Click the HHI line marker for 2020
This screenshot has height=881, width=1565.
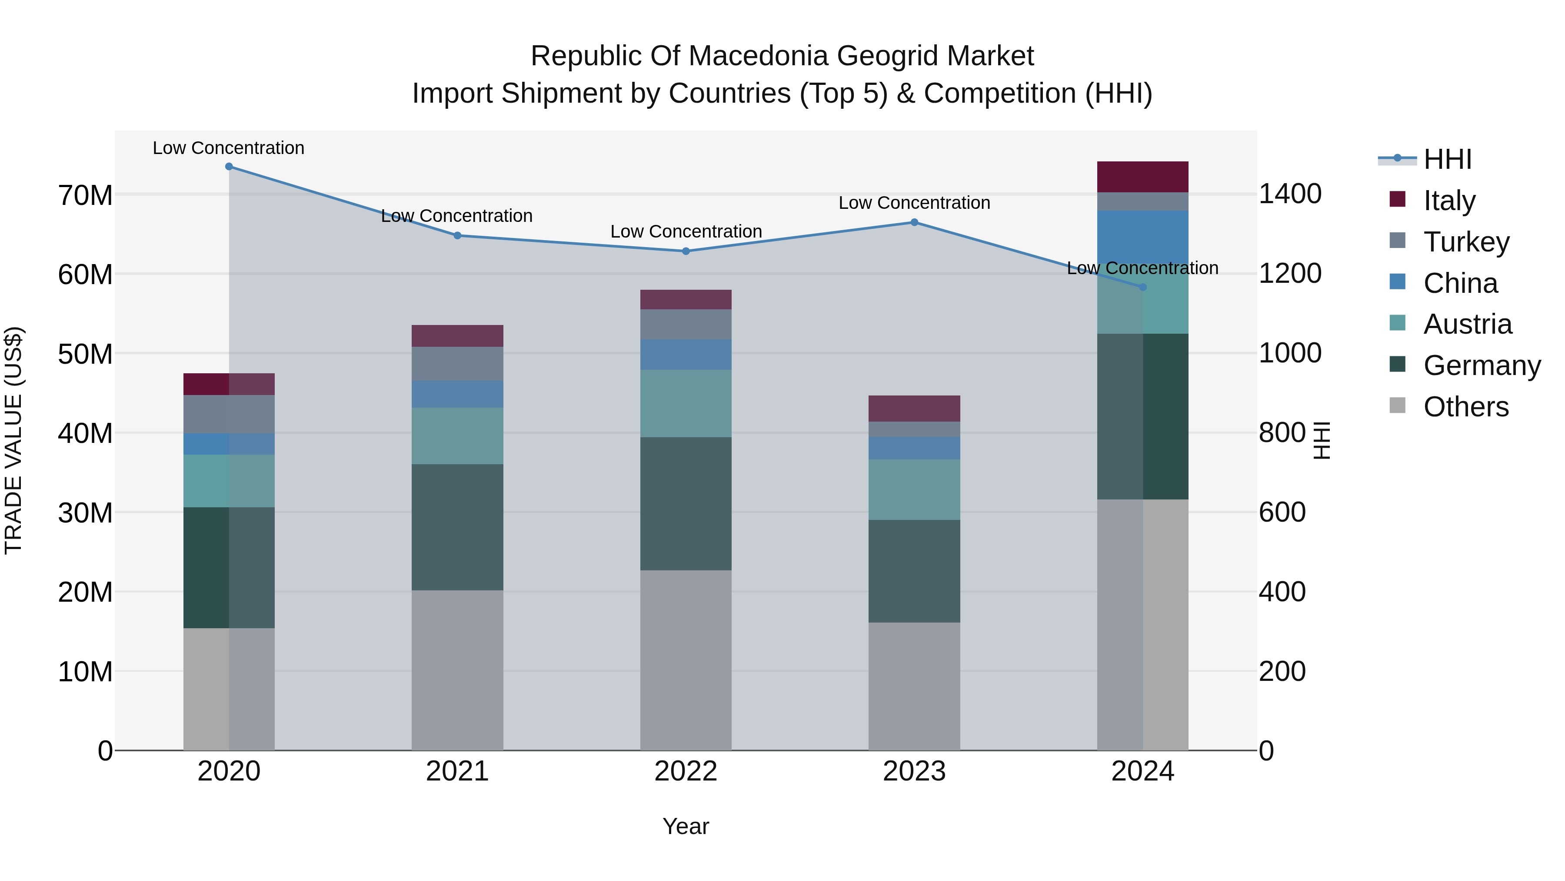[x=229, y=167]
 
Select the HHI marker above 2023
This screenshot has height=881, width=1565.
[x=914, y=222]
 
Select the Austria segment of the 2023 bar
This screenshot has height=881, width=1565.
[x=914, y=489]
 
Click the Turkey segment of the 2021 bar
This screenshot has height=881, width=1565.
[x=457, y=364]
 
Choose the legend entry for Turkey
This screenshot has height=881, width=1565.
[x=1466, y=242]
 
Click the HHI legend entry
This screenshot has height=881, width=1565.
[x=1447, y=159]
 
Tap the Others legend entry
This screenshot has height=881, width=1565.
[x=1465, y=407]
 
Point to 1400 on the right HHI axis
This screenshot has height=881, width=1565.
[x=1290, y=194]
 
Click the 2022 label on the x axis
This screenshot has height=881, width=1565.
[x=686, y=771]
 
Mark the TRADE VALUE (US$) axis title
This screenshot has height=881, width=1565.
[x=14, y=440]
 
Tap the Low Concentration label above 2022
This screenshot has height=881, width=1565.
[x=686, y=231]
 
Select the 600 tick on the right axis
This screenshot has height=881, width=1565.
[x=1282, y=512]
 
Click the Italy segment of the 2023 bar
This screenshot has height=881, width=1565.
[x=914, y=408]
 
